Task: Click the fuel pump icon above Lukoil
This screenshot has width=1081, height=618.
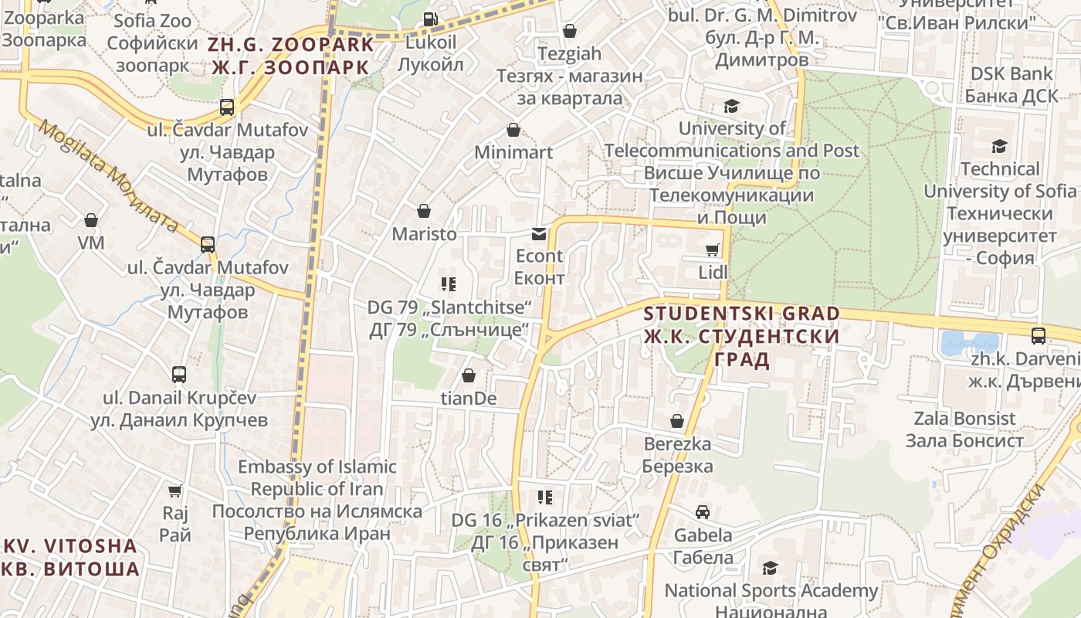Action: pyautogui.click(x=431, y=19)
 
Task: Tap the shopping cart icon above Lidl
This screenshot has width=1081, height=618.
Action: pyautogui.click(x=712, y=250)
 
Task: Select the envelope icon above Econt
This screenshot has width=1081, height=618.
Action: pyautogui.click(x=539, y=233)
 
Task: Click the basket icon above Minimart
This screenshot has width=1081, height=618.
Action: pyautogui.click(x=513, y=130)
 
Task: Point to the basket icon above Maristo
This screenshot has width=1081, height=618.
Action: pyautogui.click(x=423, y=211)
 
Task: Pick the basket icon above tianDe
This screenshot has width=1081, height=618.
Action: pyautogui.click(x=468, y=376)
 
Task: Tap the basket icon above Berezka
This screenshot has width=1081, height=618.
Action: pyautogui.click(x=677, y=421)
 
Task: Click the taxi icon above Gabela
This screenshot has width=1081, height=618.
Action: pyautogui.click(x=703, y=512)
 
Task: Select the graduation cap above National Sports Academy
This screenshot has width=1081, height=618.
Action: pyautogui.click(x=770, y=569)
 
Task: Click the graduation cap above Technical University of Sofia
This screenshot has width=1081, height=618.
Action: pyautogui.click(x=999, y=146)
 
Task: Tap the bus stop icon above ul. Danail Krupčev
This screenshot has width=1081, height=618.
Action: pyautogui.click(x=179, y=375)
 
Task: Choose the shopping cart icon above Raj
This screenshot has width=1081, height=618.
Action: pyautogui.click(x=175, y=491)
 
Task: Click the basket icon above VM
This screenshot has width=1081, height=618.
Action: pyautogui.click(x=91, y=221)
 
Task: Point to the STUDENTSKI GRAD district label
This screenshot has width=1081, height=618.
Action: pyautogui.click(x=741, y=336)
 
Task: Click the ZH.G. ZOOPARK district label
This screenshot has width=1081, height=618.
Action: pyautogui.click(x=290, y=56)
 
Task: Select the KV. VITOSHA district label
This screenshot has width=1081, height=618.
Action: pyautogui.click(x=71, y=557)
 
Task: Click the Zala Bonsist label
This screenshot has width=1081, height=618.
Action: pyautogui.click(x=964, y=430)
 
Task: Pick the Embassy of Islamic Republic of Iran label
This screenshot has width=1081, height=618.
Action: pyautogui.click(x=317, y=500)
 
